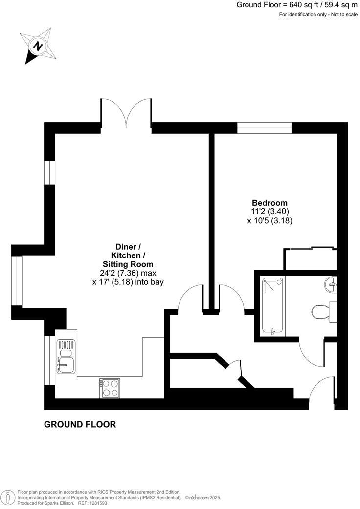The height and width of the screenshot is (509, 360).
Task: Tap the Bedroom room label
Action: (x=270, y=203)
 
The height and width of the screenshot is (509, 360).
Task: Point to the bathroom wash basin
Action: (x=331, y=284)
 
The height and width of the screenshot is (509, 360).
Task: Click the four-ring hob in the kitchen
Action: (x=110, y=388)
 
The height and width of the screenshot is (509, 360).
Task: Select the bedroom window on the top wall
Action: (x=264, y=128)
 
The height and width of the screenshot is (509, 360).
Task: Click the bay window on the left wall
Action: (x=18, y=281)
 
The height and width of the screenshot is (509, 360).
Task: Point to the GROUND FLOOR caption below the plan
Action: (x=80, y=424)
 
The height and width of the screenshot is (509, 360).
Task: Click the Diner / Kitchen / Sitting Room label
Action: (x=128, y=255)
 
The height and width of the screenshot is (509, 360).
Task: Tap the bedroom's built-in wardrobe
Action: (x=311, y=259)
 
